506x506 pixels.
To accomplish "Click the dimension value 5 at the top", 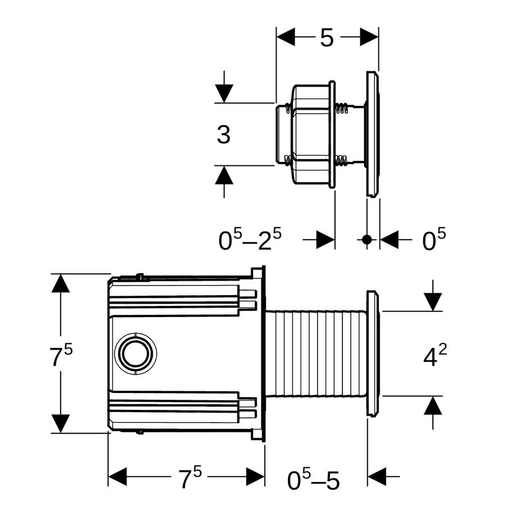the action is [327, 38].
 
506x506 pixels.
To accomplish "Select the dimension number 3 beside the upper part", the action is [224, 134].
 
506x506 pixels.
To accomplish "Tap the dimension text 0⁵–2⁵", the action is [250, 239].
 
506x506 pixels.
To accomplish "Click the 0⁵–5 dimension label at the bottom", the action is [313, 480].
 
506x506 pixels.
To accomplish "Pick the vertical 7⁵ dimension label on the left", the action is [61, 356].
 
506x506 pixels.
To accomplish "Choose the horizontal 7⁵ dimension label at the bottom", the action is [190, 477].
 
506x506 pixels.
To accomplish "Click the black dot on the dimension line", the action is [367, 240].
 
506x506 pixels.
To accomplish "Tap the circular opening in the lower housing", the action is [136, 354].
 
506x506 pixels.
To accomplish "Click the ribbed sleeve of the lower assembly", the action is [315, 354].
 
